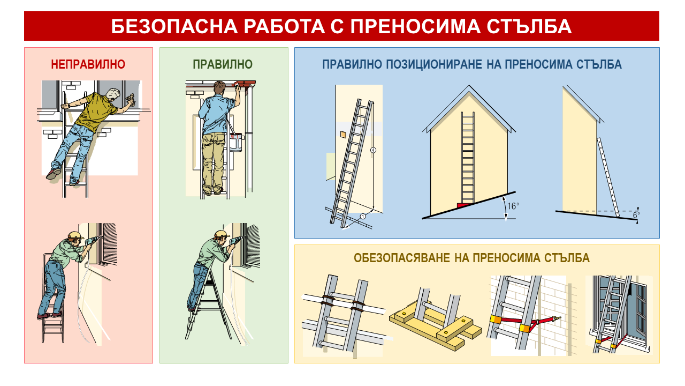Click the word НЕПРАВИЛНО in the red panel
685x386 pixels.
coord(88,64)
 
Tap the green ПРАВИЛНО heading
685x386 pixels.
coord(223,64)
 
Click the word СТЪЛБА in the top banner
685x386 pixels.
coord(529,26)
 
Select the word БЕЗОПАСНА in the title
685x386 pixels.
coord(174,26)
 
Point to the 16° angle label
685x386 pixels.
coord(513,206)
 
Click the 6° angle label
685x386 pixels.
coord(636,215)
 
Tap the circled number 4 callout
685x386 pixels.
coord(373,150)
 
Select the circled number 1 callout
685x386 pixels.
coord(363,217)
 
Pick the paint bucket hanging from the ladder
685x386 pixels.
coord(236,142)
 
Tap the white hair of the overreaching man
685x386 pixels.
coord(113,93)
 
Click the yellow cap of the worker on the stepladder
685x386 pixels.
coord(75,235)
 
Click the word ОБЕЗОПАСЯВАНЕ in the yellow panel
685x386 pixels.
coord(401,258)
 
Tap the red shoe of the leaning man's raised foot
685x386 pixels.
coord(54,174)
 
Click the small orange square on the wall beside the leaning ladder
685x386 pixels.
coord(344,134)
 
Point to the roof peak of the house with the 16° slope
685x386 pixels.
coord(469,86)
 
